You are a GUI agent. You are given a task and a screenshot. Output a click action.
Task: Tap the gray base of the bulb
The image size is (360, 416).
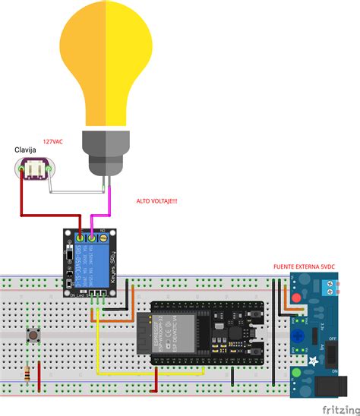pyautogui.click(x=106, y=152)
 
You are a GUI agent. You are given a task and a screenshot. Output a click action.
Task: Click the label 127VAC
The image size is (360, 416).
pyautogui.click(x=52, y=142)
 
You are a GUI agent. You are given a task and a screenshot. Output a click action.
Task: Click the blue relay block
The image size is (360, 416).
pyautogui.click(x=89, y=262)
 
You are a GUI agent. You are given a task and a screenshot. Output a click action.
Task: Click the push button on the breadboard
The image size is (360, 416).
pyautogui.click(x=33, y=335)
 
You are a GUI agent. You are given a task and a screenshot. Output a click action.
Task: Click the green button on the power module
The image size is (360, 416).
pyautogui.click(x=297, y=372)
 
